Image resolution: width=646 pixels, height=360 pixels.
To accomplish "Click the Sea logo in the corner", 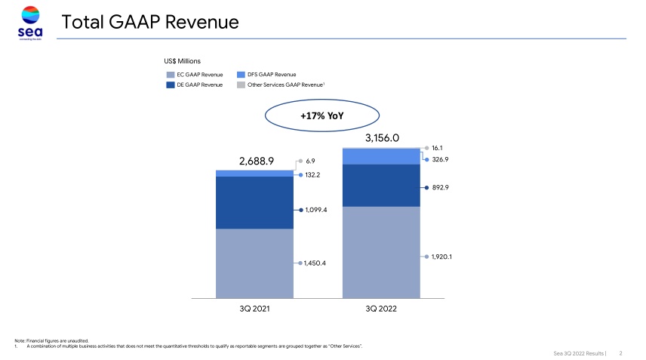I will (x=30, y=21).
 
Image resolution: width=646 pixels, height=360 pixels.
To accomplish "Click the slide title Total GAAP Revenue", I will (x=150, y=23).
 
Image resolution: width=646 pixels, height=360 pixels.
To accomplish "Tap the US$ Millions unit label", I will (x=183, y=60).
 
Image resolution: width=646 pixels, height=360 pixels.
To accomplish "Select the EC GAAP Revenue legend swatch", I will (x=171, y=75).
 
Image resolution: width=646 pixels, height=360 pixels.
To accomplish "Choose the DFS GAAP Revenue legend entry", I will (x=266, y=75).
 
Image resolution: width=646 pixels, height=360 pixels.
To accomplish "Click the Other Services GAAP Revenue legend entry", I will (x=281, y=85).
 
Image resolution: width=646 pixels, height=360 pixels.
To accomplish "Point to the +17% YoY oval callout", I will (x=321, y=117).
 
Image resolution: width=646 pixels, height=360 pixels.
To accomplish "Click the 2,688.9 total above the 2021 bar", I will (x=257, y=161).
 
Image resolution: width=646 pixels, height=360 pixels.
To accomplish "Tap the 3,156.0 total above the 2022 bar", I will (x=382, y=138).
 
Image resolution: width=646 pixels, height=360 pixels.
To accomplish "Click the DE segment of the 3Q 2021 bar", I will (x=255, y=202).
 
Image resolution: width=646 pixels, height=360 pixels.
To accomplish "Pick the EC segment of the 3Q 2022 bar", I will (x=382, y=252).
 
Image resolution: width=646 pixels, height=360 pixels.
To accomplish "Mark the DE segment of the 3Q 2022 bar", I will (x=382, y=185).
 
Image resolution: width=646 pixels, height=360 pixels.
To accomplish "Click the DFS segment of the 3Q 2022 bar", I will (x=382, y=155).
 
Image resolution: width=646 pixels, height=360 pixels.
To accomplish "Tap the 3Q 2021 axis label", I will (x=255, y=309).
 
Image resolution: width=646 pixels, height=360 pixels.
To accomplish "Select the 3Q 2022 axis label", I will (x=382, y=309).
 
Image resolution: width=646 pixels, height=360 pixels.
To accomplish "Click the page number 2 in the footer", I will (x=620, y=352).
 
